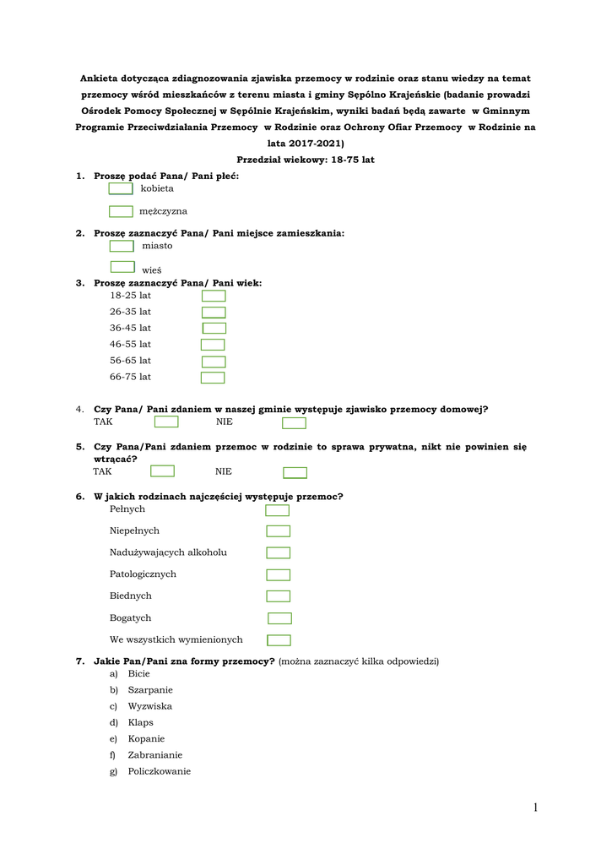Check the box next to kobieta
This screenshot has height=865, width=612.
[121, 188]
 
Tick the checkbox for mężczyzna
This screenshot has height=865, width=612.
[121, 211]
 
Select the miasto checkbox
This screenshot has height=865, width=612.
[122, 246]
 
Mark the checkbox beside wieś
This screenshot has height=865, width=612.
[122, 267]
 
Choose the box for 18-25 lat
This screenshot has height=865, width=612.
[214, 296]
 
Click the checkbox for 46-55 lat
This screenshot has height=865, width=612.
[213, 345]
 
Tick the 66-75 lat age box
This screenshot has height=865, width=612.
[213, 378]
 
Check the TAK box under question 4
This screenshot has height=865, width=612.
[166, 422]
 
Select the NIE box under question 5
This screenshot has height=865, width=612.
[295, 473]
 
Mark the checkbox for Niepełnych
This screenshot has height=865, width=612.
[279, 531]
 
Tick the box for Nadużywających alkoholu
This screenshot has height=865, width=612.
[279, 553]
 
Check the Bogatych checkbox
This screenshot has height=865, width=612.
[279, 618]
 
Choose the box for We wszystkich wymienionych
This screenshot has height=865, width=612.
[279, 640]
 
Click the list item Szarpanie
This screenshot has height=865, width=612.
[150, 690]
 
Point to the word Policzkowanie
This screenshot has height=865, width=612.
[160, 771]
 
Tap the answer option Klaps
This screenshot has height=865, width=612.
[141, 723]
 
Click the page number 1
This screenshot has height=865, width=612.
[535, 808]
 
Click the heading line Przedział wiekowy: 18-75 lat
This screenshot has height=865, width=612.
[306, 160]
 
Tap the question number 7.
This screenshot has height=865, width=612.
[79, 661]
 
